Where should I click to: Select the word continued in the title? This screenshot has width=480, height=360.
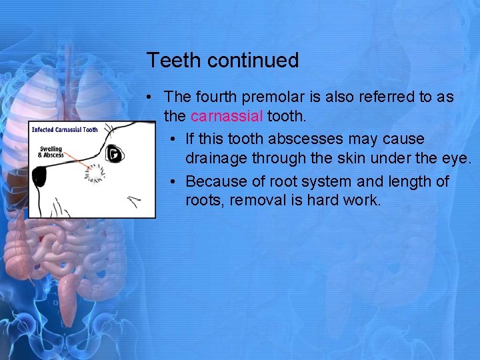[253, 61]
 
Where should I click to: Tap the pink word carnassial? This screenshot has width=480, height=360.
[227, 116]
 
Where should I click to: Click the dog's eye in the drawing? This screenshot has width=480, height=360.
[115, 154]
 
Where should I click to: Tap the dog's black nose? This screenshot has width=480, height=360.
[39, 176]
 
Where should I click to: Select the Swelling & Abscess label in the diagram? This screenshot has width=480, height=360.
[51, 152]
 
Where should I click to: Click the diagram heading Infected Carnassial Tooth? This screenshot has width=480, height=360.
[65, 129]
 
